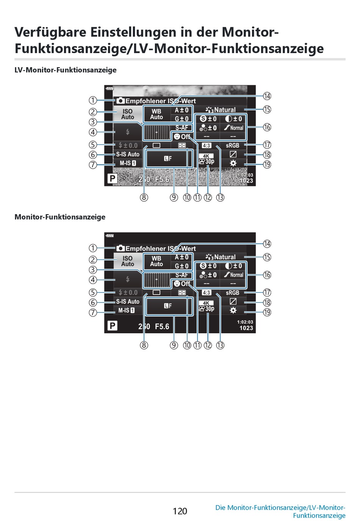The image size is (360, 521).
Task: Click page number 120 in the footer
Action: (180, 511)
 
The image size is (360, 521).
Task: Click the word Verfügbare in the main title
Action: (50, 32)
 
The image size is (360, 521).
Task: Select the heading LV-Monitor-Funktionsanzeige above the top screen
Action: (66, 70)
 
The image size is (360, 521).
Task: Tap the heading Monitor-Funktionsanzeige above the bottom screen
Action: (60, 217)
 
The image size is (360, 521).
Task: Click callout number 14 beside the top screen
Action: (267, 96)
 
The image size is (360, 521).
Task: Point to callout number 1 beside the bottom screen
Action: (93, 248)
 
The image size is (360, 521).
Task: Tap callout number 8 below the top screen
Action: (144, 197)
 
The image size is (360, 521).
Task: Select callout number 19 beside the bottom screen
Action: (267, 312)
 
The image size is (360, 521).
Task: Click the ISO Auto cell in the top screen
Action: (128, 114)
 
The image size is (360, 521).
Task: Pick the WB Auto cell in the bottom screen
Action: (157, 261)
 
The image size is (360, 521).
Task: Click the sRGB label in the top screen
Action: (233, 145)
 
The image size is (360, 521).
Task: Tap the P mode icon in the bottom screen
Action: (112, 326)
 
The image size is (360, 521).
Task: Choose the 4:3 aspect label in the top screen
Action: (206, 145)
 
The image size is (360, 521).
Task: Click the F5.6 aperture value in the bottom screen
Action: (162, 326)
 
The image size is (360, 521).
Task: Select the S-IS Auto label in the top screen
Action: (128, 154)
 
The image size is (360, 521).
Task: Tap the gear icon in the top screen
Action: (233, 163)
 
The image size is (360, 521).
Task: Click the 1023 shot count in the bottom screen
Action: (246, 328)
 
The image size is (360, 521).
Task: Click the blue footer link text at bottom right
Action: (280, 511)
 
